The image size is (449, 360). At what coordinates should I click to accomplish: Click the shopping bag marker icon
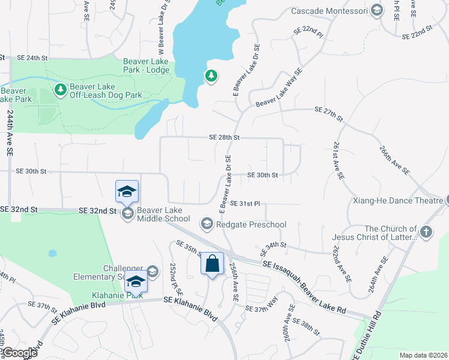(212, 263)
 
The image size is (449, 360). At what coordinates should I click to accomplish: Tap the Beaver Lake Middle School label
(163, 214)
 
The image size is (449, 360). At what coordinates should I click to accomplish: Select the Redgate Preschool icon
(207, 224)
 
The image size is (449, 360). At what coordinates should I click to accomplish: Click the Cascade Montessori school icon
(376, 10)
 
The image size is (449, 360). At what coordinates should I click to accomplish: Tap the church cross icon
(426, 232)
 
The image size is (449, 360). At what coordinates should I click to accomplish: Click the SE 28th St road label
(224, 137)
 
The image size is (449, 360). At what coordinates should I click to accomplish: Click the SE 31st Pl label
(244, 204)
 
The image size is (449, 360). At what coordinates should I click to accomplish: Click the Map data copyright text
(423, 355)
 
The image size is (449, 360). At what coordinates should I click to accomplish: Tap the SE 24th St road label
(32, 58)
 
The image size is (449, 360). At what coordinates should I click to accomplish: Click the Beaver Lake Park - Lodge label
(146, 65)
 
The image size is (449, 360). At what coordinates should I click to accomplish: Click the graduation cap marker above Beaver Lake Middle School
(127, 192)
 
